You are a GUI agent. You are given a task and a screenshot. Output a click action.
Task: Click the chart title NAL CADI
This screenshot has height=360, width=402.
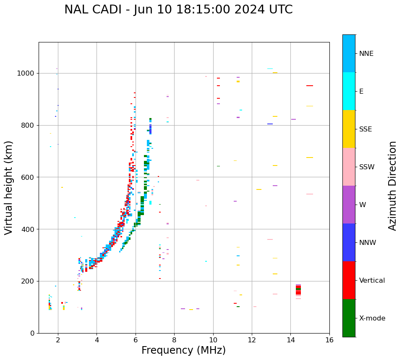[x=178, y=10]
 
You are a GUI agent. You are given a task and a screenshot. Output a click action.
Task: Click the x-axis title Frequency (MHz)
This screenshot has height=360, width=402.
[x=183, y=350]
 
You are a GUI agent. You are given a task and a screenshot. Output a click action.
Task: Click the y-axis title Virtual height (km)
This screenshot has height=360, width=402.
[x=9, y=188]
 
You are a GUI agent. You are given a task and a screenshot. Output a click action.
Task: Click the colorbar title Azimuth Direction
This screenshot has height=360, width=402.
[x=392, y=186]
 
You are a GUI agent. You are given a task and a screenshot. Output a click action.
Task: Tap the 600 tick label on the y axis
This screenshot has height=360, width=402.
[x=28, y=177]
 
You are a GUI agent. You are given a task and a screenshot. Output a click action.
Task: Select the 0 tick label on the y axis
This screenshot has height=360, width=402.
[x=32, y=333]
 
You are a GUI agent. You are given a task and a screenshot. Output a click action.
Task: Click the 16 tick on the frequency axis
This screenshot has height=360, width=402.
[x=329, y=339]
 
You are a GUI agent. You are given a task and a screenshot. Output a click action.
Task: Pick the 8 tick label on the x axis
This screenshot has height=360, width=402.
[x=174, y=339]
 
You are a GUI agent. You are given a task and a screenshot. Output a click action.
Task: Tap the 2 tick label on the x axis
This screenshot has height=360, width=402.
[x=58, y=339]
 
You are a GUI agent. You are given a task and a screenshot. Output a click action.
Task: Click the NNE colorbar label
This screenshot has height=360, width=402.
[x=366, y=54]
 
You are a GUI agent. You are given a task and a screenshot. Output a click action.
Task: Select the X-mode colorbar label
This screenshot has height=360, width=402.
[x=372, y=318]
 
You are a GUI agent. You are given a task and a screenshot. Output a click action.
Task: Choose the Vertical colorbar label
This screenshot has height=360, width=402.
[x=372, y=281]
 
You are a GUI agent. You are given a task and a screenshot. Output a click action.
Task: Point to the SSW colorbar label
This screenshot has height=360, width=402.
[x=366, y=167]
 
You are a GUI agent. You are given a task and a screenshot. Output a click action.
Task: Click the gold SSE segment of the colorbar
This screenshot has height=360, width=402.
[x=349, y=129]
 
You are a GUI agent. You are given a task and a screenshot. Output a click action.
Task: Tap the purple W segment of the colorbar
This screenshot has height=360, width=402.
[x=349, y=205]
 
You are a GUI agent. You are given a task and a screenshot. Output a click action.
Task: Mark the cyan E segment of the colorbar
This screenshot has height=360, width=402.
[x=349, y=91]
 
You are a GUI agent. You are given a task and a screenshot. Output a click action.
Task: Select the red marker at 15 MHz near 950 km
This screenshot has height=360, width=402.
[x=310, y=86]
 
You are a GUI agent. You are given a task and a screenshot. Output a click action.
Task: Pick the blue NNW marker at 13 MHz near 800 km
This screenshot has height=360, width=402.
[x=270, y=124]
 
